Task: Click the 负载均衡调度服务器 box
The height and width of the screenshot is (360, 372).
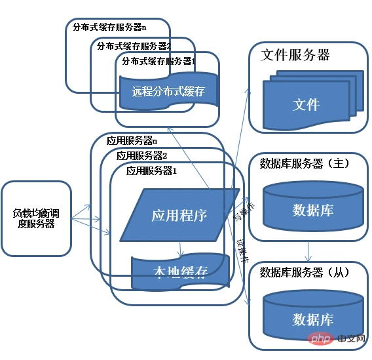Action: pos(36,218)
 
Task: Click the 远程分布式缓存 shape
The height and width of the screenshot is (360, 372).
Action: pos(168,91)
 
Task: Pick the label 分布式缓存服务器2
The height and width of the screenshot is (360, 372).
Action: pos(134,46)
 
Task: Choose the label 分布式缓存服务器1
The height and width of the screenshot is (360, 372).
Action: pos(159,60)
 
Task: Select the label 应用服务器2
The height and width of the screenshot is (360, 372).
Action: pos(142,156)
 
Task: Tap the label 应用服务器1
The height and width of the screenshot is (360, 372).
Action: pos(152,170)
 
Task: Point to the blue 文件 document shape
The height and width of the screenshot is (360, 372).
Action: pos(306,104)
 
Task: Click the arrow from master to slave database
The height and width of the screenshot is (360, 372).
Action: pos(308,251)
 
